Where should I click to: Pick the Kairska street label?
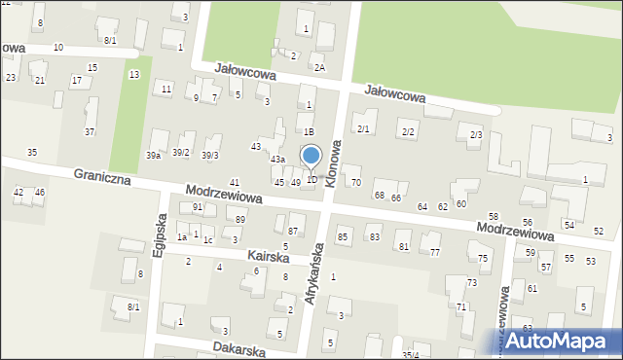click(x=269, y=255)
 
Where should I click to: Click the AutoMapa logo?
click(x=566, y=341)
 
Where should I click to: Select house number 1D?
click(x=311, y=179)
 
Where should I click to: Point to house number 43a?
click(x=277, y=159)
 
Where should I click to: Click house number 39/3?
click(x=210, y=156)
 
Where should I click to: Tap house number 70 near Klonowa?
click(x=355, y=182)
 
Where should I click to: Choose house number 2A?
click(x=319, y=67)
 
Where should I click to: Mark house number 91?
click(x=197, y=207)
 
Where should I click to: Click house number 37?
click(x=90, y=131)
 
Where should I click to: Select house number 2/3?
click(x=476, y=133)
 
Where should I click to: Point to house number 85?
click(x=343, y=236)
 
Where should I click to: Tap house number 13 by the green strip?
click(x=133, y=75)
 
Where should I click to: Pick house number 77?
click(x=434, y=252)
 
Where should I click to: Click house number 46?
click(x=39, y=193)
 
